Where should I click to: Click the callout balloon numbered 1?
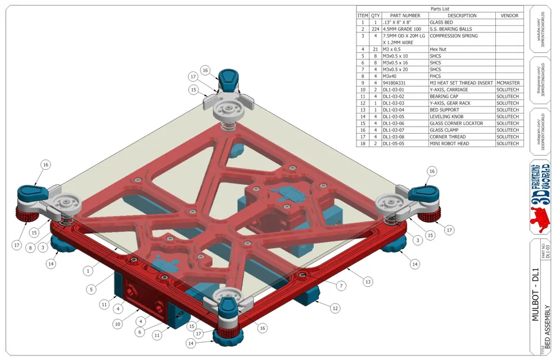click(88, 270)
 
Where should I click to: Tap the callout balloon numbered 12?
click(335, 309)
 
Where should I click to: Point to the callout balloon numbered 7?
click(341, 286)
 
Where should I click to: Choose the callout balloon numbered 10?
click(117, 324)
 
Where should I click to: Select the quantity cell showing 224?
click(375, 29)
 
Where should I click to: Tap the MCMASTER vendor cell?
click(509, 83)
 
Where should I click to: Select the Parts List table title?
click(439, 9)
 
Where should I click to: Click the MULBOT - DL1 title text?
click(534, 294)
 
